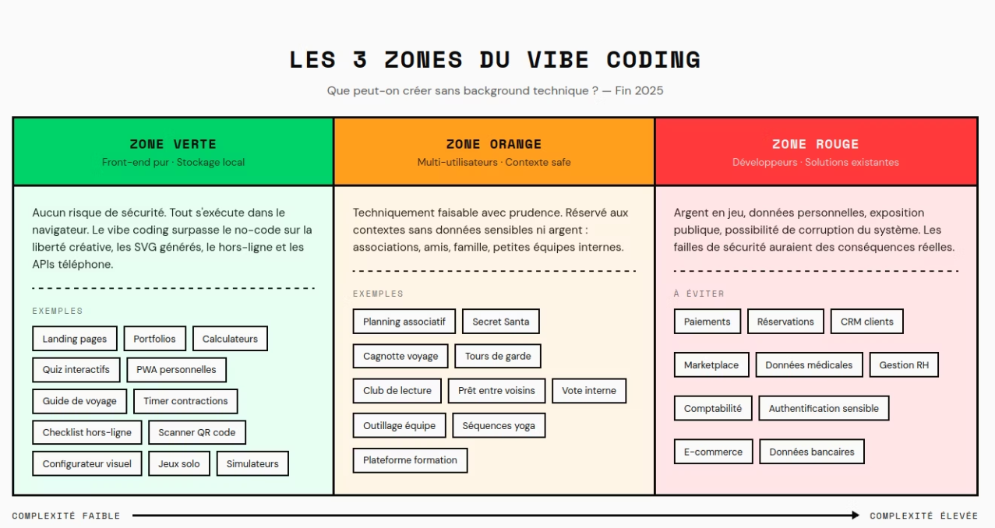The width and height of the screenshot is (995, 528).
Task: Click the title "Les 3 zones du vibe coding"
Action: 495,60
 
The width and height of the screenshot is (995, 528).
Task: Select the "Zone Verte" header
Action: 173,144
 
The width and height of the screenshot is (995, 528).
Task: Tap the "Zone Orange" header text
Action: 494,144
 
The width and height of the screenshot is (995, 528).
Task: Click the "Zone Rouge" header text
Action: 815,144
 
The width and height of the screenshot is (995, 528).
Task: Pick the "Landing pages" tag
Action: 75,339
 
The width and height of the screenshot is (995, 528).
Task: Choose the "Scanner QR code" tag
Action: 197,432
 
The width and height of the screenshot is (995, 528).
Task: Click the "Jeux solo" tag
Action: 179,463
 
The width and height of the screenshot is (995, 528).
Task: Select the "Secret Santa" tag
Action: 500,322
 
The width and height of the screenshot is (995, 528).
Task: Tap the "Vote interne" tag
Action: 589,390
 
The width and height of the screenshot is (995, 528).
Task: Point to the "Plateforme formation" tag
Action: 410,459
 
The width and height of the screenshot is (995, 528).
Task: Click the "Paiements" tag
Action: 707,322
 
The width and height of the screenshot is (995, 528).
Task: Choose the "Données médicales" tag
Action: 809,364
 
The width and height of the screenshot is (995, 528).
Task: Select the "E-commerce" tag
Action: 713,451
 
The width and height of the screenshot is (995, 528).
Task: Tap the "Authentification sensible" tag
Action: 824,408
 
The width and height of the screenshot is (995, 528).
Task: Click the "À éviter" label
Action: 688,294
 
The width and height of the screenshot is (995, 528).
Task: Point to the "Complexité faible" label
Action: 66,516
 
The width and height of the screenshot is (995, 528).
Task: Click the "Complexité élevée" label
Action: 924,516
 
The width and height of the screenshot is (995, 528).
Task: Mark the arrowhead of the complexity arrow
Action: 855,516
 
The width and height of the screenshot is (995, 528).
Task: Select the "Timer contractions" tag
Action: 185,401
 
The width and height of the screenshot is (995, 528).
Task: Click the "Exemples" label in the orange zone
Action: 378,294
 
